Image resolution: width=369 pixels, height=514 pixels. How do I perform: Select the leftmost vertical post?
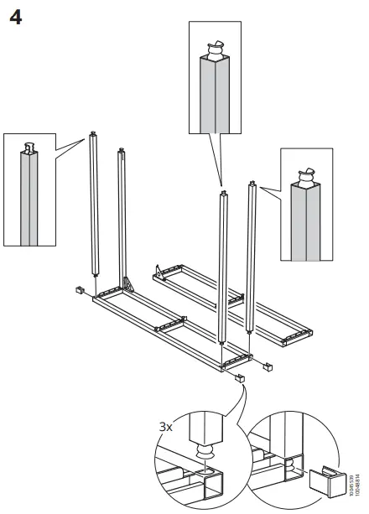93,210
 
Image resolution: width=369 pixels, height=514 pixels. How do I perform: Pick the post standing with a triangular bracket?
123,218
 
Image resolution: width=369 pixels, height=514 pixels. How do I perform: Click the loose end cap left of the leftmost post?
80,289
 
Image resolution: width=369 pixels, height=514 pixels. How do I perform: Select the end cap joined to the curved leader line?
239,377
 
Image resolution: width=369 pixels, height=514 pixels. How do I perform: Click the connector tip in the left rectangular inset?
32,150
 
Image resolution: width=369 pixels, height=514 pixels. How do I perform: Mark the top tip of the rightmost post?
250,180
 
